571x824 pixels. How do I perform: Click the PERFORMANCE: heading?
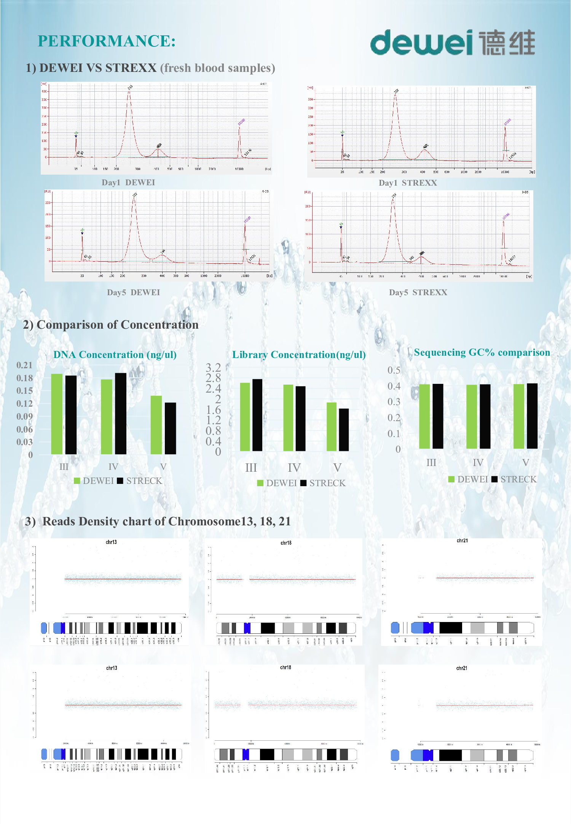[107, 41]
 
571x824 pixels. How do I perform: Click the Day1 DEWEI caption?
[128, 183]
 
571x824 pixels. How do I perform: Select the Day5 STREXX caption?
[418, 293]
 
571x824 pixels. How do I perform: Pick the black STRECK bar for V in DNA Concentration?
[170, 428]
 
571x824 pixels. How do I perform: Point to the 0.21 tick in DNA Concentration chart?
[24, 365]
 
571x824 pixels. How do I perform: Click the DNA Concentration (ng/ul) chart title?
[115, 355]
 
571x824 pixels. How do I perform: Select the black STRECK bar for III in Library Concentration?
[257, 415]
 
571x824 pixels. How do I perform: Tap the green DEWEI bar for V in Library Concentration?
[332, 427]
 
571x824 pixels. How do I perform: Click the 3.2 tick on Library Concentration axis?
[213, 367]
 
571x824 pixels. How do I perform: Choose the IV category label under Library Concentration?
[294, 468]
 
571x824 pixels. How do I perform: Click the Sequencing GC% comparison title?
[482, 353]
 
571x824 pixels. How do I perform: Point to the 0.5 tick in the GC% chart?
[394, 370]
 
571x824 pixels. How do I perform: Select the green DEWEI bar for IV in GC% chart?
[472, 417]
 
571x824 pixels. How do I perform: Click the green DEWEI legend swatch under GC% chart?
[451, 479]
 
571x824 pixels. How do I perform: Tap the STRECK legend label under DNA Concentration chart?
[144, 481]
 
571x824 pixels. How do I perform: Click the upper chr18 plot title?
[286, 543]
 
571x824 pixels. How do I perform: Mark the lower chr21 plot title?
[462, 668]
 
